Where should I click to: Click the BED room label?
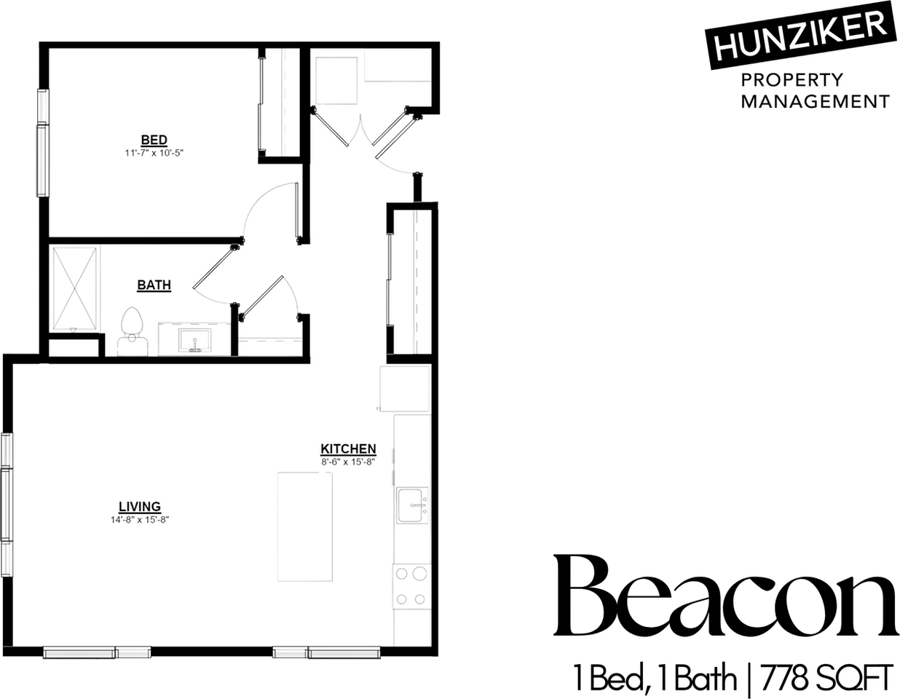point(154,140)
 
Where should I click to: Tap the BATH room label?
point(154,285)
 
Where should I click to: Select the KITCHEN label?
point(348,449)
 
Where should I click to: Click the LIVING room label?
point(140,507)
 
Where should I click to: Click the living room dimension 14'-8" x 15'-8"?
point(140,520)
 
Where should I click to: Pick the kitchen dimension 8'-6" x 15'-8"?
point(348,461)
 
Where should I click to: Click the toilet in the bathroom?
point(132,331)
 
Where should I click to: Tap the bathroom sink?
point(194,341)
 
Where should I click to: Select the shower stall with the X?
point(75,288)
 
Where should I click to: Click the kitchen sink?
point(412,505)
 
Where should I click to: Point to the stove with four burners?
point(411,586)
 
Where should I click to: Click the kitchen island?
point(304,526)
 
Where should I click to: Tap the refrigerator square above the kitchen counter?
point(405,389)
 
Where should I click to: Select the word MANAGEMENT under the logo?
point(815,101)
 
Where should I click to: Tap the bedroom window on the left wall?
point(42,143)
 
